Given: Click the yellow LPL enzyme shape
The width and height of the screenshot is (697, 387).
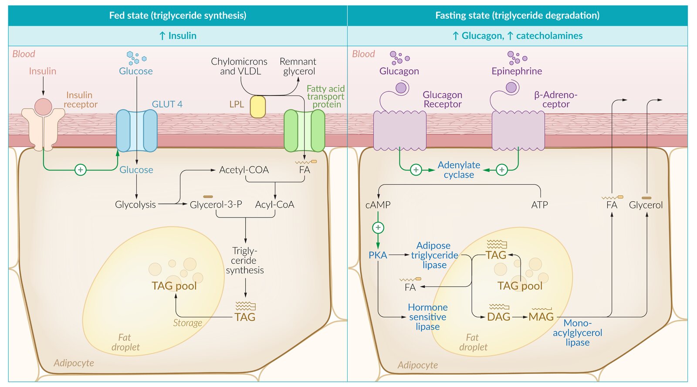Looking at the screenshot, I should (x=257, y=107).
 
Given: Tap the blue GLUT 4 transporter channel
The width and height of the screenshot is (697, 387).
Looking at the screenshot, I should (x=136, y=130).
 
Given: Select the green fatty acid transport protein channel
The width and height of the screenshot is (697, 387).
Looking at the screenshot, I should (x=304, y=130).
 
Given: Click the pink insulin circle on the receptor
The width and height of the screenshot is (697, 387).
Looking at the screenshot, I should (x=43, y=107).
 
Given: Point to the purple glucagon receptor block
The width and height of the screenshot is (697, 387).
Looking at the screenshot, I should (x=399, y=130).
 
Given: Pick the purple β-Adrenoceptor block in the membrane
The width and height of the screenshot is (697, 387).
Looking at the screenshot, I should (x=518, y=130).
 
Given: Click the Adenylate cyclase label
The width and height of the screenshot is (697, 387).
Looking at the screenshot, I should (x=459, y=170).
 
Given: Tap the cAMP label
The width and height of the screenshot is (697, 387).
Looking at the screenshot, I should (x=378, y=205).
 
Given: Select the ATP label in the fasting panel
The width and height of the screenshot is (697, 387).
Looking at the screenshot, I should (x=539, y=205).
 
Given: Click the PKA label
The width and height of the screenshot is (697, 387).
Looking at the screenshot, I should (x=378, y=255).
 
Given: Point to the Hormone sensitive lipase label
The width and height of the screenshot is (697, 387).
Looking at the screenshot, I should (x=427, y=317).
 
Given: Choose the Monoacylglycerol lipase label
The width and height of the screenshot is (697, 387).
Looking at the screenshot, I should (x=577, y=333).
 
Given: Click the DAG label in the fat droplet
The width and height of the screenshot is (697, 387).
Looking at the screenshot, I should (x=498, y=317).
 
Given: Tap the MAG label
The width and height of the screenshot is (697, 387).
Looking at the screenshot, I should (x=541, y=317).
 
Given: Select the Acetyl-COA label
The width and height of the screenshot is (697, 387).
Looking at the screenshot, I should (x=244, y=170).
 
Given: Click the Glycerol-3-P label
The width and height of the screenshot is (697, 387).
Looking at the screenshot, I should (x=216, y=204).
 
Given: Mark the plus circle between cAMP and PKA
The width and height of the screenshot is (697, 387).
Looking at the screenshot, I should (x=378, y=227).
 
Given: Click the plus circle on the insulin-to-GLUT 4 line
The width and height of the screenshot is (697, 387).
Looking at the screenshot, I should (x=80, y=170).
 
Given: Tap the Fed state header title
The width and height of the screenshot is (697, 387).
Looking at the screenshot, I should (x=178, y=16).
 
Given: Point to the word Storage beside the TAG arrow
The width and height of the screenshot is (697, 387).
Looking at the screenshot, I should (x=187, y=323).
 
